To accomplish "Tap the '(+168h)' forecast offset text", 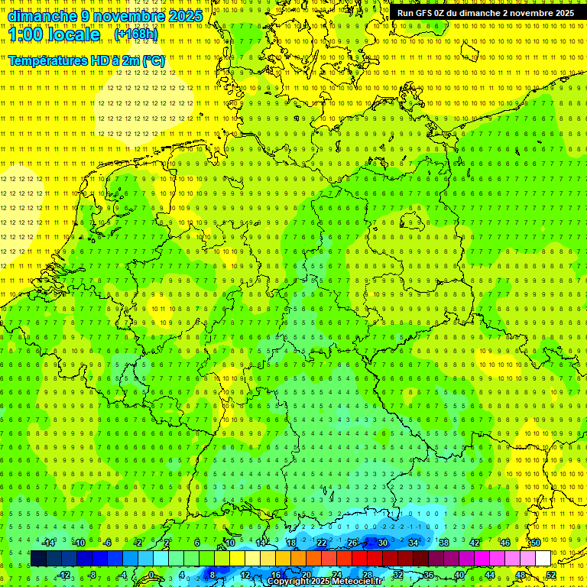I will point(135,34).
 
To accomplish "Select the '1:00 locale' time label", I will point(54,34).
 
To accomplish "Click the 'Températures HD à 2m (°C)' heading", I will point(86,60).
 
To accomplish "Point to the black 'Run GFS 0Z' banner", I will point(485,13).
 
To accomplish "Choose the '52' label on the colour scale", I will point(550,575).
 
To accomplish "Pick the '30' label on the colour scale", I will point(382,543).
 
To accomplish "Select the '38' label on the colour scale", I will point(443,543).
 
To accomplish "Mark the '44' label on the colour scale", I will point(489,575).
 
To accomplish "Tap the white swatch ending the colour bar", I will point(542,559).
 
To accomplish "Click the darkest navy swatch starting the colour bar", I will point(38,559).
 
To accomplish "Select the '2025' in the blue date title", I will point(184,16).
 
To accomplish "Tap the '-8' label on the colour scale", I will point(93,575).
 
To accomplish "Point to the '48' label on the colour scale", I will point(520,575).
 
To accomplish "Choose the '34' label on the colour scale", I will point(413,543).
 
